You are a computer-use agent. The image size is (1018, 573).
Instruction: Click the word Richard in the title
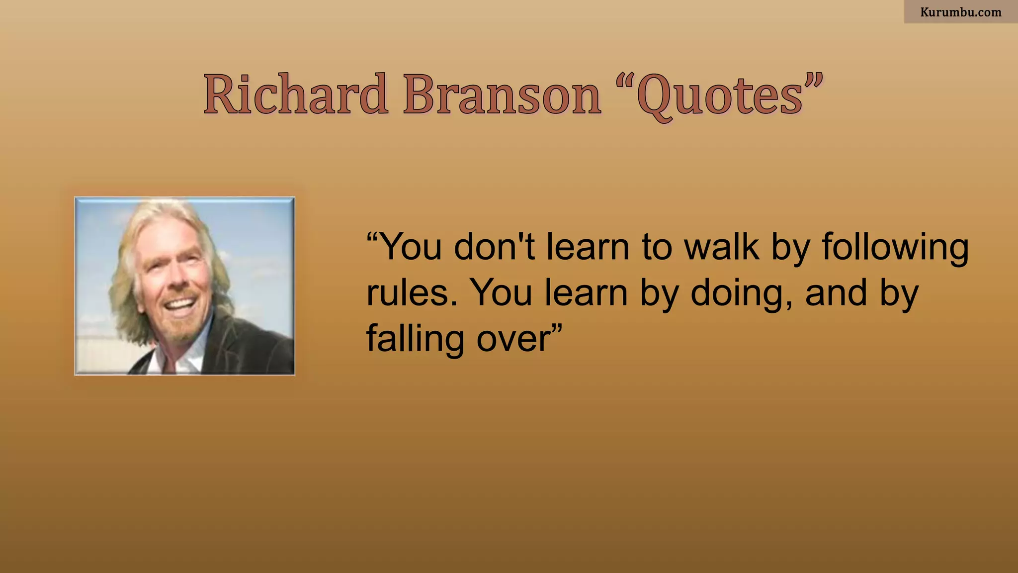(295, 95)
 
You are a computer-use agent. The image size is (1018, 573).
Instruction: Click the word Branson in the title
(502, 95)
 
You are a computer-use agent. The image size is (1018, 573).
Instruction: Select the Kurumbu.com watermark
(960, 12)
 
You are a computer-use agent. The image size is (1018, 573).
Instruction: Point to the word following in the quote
(895, 248)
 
